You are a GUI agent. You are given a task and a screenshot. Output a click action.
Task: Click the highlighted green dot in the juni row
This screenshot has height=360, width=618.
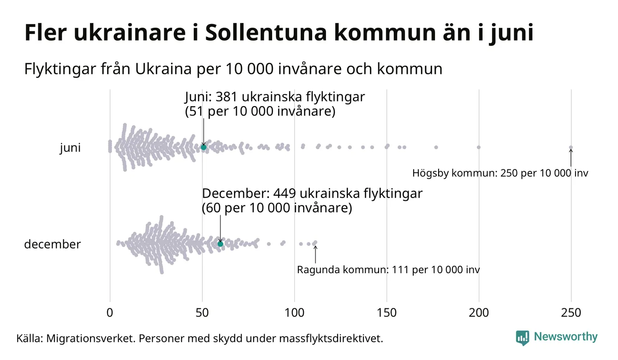tap(203, 147)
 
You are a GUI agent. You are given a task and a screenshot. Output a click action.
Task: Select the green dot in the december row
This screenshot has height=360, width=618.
tap(220, 244)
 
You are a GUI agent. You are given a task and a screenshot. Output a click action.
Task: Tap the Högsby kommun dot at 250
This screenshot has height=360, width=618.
tap(571, 148)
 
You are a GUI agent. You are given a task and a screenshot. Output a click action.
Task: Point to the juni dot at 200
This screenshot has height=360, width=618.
tap(479, 147)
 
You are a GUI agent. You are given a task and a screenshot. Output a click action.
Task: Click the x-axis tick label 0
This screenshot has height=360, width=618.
tap(110, 313)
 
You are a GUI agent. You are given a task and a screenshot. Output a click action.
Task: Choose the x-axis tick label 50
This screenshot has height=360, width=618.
tap(202, 313)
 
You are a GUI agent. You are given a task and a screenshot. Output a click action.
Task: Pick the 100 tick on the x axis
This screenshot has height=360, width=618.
tap(294, 313)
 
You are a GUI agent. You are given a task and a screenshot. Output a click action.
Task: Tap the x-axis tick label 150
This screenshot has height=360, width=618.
tap(386, 313)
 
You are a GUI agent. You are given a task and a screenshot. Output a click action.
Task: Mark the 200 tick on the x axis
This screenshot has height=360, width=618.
tap(479, 313)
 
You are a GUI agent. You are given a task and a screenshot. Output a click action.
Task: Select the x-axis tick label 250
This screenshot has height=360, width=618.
tap(571, 313)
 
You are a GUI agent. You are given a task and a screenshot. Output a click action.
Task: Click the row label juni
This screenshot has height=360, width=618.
tap(70, 148)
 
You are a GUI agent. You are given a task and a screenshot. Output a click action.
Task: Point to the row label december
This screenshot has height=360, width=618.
tap(52, 244)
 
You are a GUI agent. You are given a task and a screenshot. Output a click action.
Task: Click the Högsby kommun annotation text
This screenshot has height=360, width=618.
tap(500, 174)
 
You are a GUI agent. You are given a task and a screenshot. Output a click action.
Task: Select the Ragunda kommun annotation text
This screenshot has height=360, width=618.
tap(388, 270)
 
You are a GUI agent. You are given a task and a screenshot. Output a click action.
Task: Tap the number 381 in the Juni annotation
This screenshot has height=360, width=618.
tap(227, 97)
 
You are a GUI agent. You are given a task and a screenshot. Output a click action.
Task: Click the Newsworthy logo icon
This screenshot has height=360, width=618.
tap(523, 337)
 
